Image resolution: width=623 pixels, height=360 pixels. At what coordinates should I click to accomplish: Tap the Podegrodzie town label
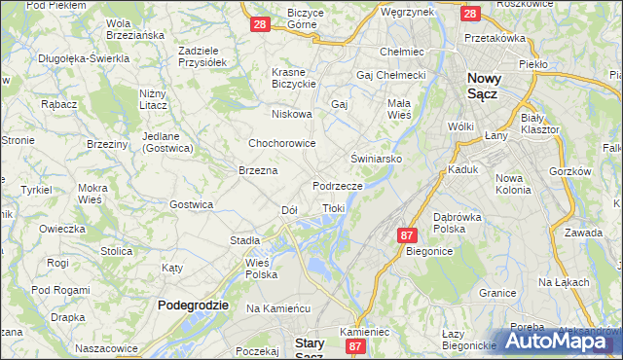(x=193, y=305)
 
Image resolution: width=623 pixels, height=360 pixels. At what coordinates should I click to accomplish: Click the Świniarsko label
(x=376, y=157)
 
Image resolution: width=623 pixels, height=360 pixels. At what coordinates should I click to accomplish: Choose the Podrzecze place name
(x=338, y=185)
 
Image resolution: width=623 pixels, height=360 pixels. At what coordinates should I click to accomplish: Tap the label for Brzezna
(x=258, y=170)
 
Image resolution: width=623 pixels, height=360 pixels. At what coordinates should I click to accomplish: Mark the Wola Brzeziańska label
(x=134, y=30)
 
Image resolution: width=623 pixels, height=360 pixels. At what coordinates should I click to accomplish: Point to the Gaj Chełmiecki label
(x=392, y=75)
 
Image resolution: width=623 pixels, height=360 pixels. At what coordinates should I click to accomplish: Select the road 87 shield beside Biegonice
(x=408, y=235)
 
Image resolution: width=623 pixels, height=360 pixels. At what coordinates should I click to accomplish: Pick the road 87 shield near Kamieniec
(x=355, y=346)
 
